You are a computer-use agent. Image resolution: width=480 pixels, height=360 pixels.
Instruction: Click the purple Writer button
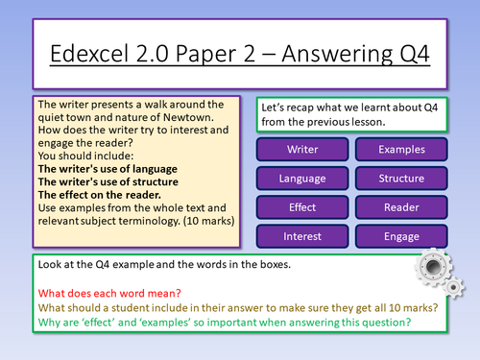pyautogui.click(x=302, y=150)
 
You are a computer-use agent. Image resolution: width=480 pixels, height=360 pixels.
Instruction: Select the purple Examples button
pyautogui.click(x=401, y=150)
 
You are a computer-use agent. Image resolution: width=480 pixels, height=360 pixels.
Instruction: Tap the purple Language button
pyautogui.click(x=302, y=179)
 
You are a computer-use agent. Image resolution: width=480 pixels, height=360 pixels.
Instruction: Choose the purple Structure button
pyautogui.click(x=401, y=179)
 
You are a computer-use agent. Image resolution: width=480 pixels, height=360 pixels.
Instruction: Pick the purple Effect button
pyautogui.click(x=302, y=207)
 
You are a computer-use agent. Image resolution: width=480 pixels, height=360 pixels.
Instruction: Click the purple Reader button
pyautogui.click(x=401, y=207)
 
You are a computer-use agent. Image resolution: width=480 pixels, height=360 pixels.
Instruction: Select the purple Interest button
pyautogui.click(x=302, y=235)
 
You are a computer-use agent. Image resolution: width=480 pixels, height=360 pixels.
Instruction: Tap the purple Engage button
pyautogui.click(x=401, y=235)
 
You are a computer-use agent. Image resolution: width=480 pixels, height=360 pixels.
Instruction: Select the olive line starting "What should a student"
pyautogui.click(x=230, y=307)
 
